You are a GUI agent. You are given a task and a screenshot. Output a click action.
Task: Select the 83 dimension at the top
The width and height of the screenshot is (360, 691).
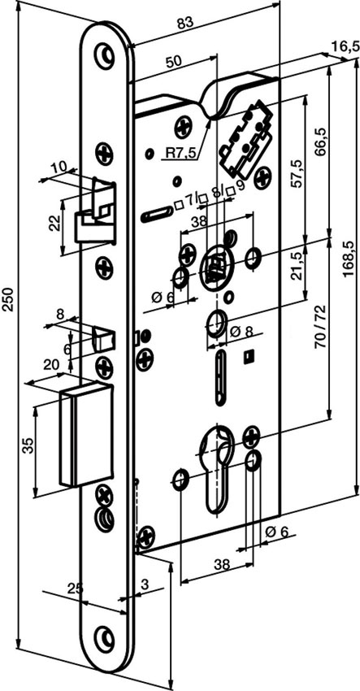(x=186, y=24)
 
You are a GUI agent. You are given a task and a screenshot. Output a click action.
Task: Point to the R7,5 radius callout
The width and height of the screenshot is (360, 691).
(x=180, y=153)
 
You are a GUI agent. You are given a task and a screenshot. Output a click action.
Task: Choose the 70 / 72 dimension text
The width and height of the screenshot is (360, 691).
(x=320, y=327)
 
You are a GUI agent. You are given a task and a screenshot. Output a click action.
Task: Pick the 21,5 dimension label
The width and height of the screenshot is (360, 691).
(x=297, y=266)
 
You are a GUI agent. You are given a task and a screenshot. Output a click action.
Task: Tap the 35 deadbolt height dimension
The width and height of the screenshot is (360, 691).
(x=28, y=447)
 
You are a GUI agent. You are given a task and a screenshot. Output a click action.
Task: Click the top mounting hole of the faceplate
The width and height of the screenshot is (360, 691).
(x=105, y=53)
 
